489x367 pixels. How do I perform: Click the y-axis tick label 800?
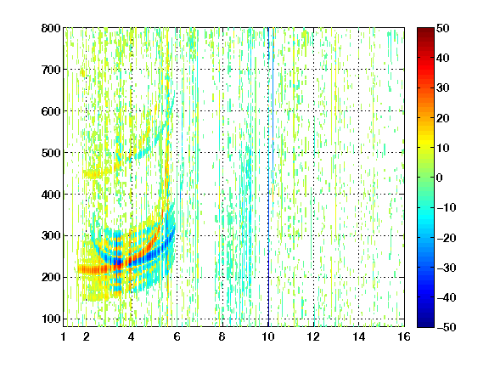pyautogui.click(x=51, y=28)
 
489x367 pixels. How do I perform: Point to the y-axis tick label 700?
pyautogui.click(x=51, y=70)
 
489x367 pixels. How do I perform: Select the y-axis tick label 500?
pyautogui.click(x=51, y=153)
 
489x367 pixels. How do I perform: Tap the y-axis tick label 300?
pyautogui.click(x=51, y=235)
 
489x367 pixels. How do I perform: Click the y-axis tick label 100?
pyautogui.click(x=51, y=319)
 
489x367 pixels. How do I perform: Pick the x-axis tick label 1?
pyautogui.click(x=64, y=336)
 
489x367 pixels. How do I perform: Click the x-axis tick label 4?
pyautogui.click(x=132, y=336)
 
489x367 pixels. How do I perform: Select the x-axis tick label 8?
pyautogui.click(x=222, y=336)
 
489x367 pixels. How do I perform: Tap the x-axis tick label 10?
pyautogui.click(x=268, y=336)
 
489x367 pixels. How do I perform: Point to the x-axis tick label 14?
pyautogui.click(x=358, y=336)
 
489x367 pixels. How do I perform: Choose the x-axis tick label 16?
pyautogui.click(x=404, y=336)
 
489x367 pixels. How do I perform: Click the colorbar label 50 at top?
pyautogui.click(x=443, y=28)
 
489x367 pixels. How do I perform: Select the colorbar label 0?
pyautogui.click(x=440, y=178)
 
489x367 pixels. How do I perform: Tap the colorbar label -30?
pyautogui.click(x=447, y=268)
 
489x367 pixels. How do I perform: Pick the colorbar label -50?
pyautogui.click(x=447, y=327)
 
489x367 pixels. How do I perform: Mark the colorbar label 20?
pyautogui.click(x=443, y=118)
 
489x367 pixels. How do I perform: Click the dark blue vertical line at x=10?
pyautogui.click(x=268, y=177)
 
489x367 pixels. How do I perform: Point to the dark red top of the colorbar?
pyautogui.click(x=425, y=31)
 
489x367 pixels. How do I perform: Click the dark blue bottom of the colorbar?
pyautogui.click(x=425, y=324)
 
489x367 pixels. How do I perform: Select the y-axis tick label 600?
pyautogui.click(x=51, y=111)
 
